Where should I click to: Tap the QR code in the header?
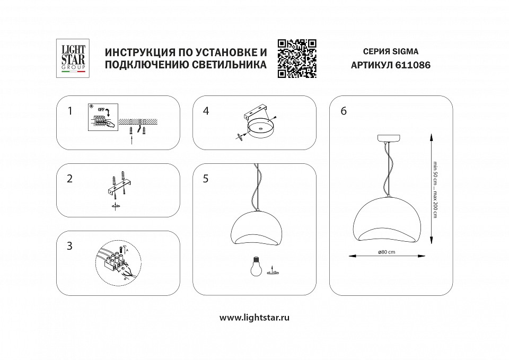[x=297, y=58]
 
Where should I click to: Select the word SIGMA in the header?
[x=406, y=52]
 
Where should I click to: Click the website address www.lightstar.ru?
[x=254, y=318]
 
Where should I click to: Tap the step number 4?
[x=206, y=111]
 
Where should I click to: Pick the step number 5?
[x=206, y=179]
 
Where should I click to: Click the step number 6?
[x=344, y=111]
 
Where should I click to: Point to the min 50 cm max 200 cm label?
[x=435, y=187]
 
